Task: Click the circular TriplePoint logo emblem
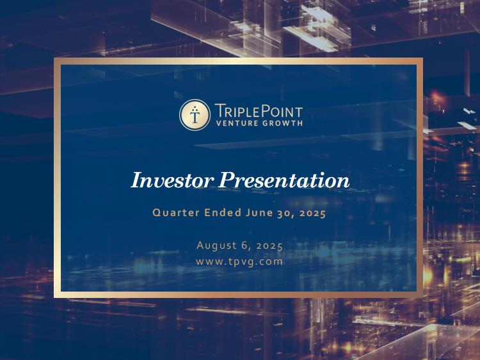tap(195, 114)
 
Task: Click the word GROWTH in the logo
tap(282, 123)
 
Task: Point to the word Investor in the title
tap(172, 180)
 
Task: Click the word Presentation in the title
tap(284, 180)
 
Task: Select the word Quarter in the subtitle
tap(176, 212)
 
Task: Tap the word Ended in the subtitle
tap(223, 212)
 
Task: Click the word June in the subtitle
tap(259, 212)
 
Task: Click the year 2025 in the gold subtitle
tap(312, 213)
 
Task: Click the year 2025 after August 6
tap(269, 246)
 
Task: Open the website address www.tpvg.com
tap(239, 262)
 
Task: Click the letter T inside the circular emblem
tap(195, 116)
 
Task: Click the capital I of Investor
tap(137, 180)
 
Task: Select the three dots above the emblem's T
tap(195, 108)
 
